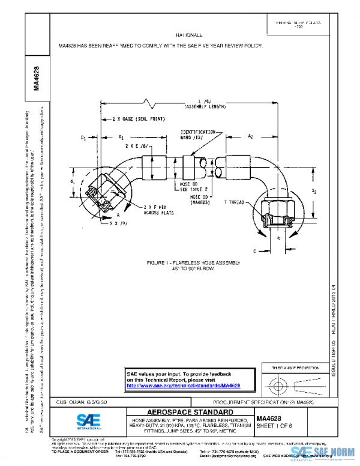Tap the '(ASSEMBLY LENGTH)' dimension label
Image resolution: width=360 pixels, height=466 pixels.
click(205, 106)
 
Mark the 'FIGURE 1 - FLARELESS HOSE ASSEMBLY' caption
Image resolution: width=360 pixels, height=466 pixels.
click(193, 264)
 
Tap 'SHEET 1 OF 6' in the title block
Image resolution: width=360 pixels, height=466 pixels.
click(274, 425)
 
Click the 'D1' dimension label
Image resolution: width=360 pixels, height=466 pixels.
click(83, 138)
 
